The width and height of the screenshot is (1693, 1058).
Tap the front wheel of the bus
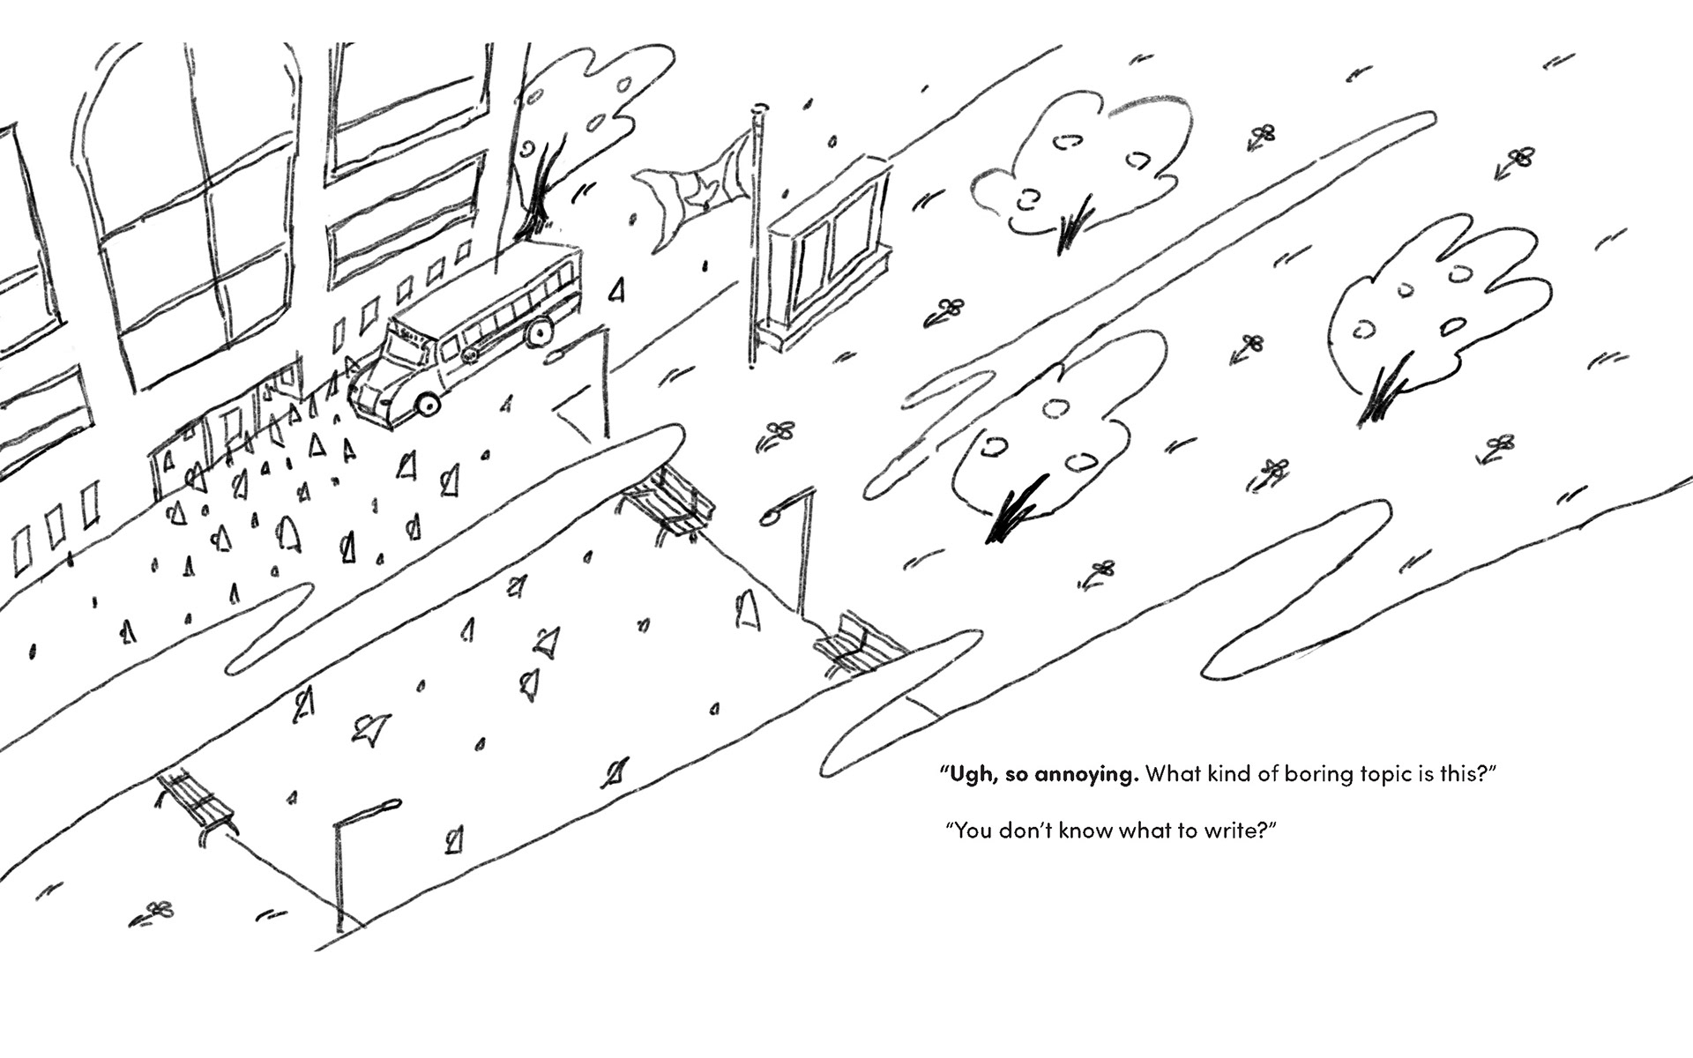(428, 402)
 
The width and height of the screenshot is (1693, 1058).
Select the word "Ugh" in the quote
(967, 775)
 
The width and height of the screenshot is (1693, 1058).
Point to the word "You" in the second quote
(973, 831)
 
